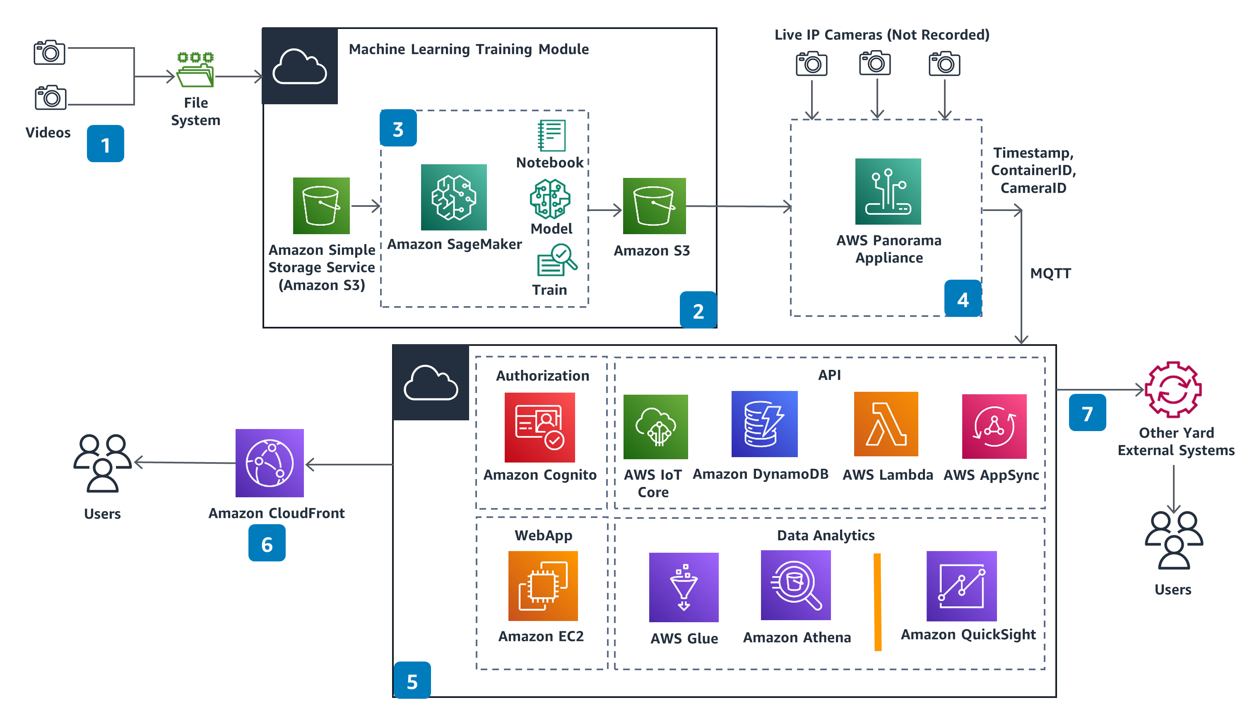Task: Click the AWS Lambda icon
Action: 886,424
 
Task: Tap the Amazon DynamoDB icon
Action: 764,424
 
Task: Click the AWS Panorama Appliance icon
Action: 888,191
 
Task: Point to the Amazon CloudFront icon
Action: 269,463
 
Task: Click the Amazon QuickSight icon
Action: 961,585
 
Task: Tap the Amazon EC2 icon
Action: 543,585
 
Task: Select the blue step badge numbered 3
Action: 398,128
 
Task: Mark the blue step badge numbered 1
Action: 105,144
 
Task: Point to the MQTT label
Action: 1050,273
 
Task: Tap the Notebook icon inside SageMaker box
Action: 551,135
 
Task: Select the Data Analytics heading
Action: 826,535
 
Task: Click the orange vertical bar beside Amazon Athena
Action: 877,602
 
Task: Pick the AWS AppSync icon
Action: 994,426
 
